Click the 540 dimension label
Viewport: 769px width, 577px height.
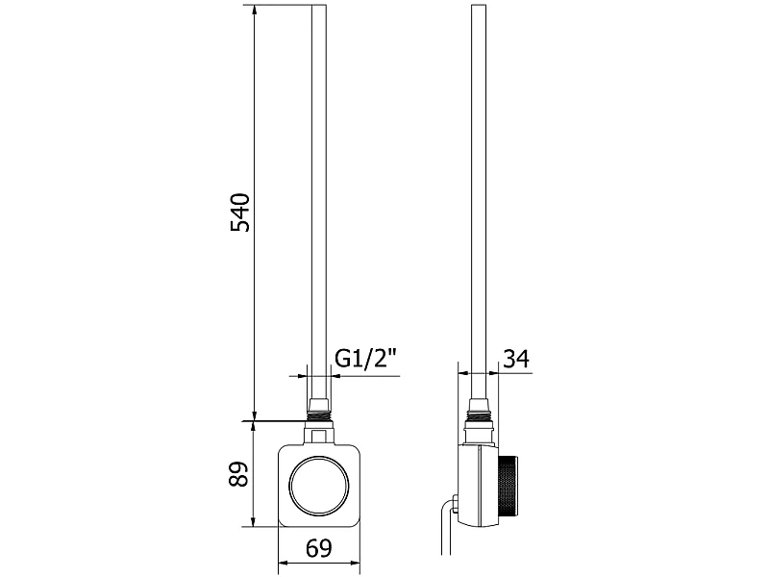click(x=240, y=213)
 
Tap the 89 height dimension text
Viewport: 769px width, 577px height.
click(x=239, y=474)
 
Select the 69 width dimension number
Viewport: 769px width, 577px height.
click(x=319, y=548)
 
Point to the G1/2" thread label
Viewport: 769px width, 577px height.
click(x=365, y=359)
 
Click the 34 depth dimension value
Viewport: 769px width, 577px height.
click(x=517, y=359)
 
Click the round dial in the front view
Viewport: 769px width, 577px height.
click(x=319, y=486)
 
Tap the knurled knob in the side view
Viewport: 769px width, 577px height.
click(x=509, y=485)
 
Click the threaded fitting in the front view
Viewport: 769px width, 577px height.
click(x=319, y=415)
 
